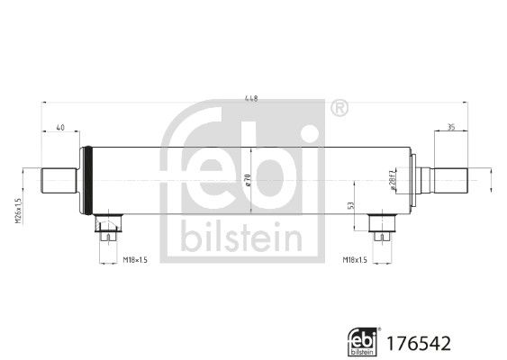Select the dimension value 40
(x=60, y=128)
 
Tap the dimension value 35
(x=450, y=128)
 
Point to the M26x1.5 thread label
(x=18, y=211)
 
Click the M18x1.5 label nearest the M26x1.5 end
(x=136, y=260)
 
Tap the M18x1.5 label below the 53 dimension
(x=357, y=260)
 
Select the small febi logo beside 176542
(x=363, y=342)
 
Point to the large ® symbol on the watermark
(x=339, y=109)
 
